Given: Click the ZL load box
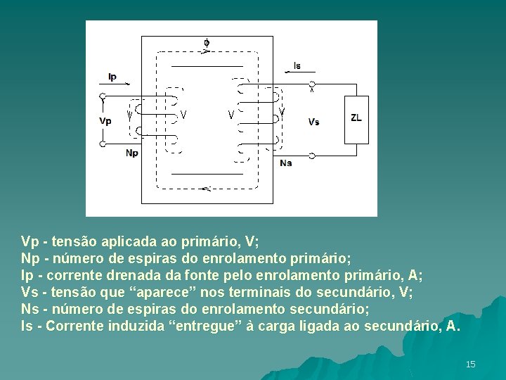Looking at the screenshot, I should (356, 118).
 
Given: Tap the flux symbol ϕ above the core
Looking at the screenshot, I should (207, 43).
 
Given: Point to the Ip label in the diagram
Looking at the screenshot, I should (112, 77).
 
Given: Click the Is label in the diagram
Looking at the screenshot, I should (297, 65).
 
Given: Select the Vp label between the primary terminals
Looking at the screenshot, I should (105, 120).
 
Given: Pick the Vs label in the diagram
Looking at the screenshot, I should (313, 122).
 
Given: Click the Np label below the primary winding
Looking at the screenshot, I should (132, 153).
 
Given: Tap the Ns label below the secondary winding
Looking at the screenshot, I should (285, 163).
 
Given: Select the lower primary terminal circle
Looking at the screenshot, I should (103, 144).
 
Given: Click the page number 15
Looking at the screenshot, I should (470, 364).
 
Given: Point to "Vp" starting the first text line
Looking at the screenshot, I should (30, 242).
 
